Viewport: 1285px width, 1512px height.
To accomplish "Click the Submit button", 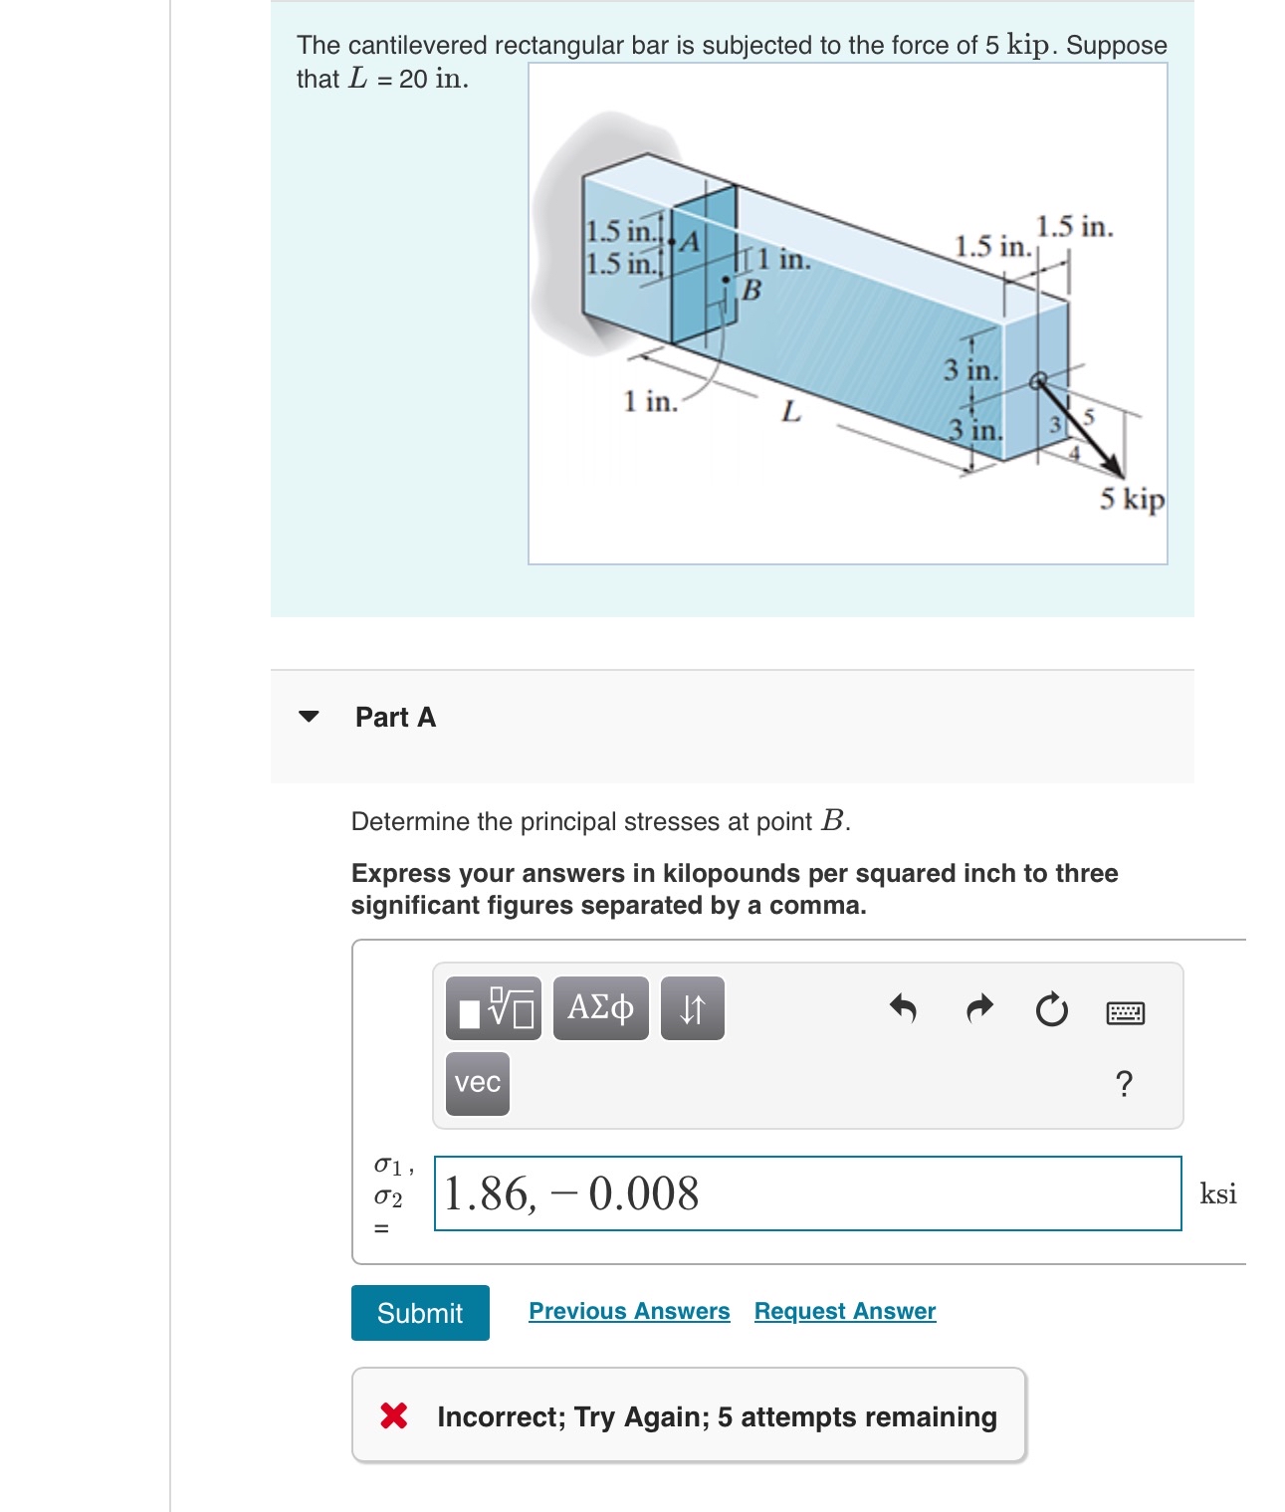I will pos(419,1313).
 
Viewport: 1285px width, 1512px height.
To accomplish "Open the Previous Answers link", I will pos(629,1311).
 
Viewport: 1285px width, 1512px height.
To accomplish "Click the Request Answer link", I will pos(844,1311).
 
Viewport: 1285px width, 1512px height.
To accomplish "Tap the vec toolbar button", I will pos(477,1083).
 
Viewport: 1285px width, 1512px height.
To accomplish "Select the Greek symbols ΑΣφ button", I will pos(600,1008).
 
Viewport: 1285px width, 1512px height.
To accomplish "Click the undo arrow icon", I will pos(902,1009).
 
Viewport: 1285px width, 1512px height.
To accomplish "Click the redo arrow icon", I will pos(979,1009).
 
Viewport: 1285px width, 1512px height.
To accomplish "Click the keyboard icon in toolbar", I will pos(1125,1013).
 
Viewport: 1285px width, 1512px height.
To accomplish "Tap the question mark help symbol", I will pos(1124,1083).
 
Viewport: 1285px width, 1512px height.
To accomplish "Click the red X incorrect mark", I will pos(394,1415).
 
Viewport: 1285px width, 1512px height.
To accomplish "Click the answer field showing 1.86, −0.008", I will pos(806,1192).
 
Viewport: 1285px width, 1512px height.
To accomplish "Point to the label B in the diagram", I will pos(751,290).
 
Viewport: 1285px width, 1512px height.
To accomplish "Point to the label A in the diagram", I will pos(690,242).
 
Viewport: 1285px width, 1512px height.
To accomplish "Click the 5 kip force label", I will pos(1131,498).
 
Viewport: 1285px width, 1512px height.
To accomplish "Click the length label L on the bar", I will pos(790,411).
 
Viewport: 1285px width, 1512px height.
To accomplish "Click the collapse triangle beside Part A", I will pos(310,717).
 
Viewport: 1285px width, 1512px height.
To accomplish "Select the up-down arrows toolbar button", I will pos(692,1008).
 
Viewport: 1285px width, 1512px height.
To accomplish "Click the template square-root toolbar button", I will pos(494,1008).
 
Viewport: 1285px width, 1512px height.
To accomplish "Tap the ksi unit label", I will pos(1217,1193).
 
